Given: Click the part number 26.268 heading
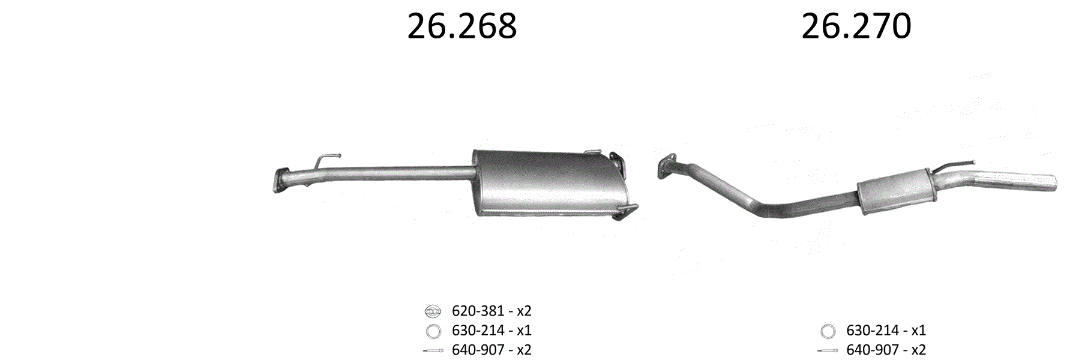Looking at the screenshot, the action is pos(461,26).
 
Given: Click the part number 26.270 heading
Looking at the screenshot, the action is pos(856,26).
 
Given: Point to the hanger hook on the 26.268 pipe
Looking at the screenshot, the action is pos(324,161).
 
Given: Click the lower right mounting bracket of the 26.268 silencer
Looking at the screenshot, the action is pos(625,211).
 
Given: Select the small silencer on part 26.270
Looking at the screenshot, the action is pos(894,191).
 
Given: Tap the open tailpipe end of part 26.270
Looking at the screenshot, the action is pos(1052,183).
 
